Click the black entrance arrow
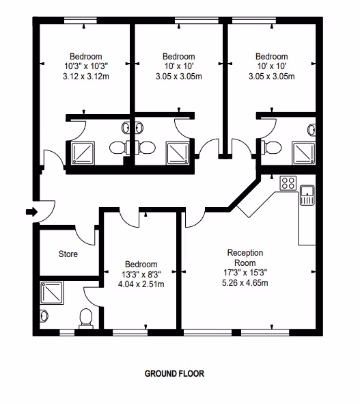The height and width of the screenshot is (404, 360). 32,212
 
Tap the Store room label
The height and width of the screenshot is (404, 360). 68,254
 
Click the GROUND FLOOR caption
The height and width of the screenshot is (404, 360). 174,373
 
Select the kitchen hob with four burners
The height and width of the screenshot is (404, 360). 288,183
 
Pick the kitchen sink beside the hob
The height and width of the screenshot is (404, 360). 307,195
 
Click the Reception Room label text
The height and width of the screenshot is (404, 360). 245,258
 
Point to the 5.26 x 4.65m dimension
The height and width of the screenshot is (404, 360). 245,282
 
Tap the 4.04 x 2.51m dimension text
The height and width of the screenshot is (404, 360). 141,284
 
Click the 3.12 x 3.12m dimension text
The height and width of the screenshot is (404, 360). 86,77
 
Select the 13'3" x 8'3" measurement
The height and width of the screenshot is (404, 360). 141,274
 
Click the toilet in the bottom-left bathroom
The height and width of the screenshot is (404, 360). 86,319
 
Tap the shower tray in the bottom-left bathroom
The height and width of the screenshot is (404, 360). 52,293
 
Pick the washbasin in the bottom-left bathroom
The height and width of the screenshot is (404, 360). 44,315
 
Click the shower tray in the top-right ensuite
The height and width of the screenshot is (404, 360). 303,153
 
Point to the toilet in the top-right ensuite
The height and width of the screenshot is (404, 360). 271,148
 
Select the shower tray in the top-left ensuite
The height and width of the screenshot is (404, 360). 83,153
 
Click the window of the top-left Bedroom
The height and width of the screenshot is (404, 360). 81,21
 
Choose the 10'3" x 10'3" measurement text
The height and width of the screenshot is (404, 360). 86,66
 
